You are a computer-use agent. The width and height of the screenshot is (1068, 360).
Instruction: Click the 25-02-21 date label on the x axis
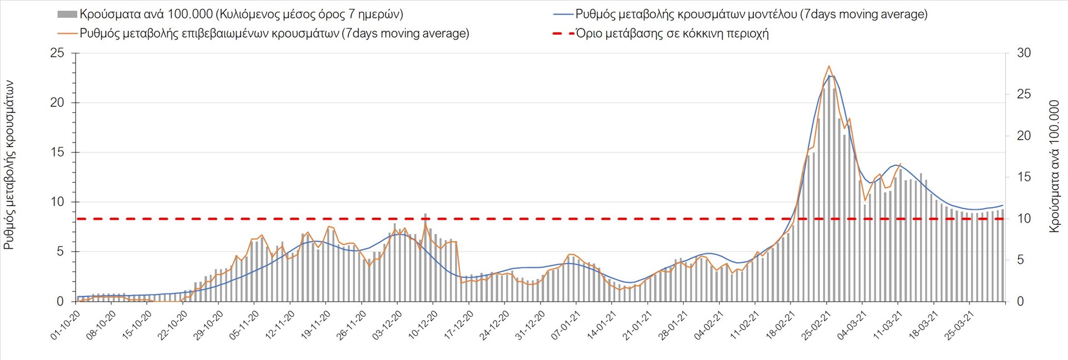pos(815,324)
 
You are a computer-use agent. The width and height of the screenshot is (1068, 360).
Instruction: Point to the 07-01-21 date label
pos(565,324)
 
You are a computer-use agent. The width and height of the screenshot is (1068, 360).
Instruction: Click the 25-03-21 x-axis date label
pos(958,324)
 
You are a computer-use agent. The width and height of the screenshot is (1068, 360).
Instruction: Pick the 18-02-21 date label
pos(780,324)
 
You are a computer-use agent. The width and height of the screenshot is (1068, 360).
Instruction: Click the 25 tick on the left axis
pos(57,53)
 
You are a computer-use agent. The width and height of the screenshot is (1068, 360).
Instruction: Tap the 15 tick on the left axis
pos(57,152)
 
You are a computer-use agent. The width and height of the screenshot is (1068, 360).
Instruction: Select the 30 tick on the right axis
pos(1023,53)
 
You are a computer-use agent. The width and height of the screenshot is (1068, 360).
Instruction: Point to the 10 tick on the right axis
pos(1023,219)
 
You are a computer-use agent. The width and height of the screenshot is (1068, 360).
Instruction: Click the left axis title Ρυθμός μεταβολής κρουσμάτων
pos(9,165)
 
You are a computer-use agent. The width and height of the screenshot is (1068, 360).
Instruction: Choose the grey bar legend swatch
pos(67,14)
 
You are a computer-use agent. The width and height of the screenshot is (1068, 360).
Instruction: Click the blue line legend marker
pos(563,14)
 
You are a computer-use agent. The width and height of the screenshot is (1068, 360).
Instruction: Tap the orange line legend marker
pos(67,33)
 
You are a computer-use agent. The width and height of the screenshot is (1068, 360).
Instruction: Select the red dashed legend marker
pos(563,33)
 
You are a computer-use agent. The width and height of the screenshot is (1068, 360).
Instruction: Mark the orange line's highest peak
pos(829,66)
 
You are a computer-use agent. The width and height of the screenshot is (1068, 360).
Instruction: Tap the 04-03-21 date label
pos(851,324)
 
